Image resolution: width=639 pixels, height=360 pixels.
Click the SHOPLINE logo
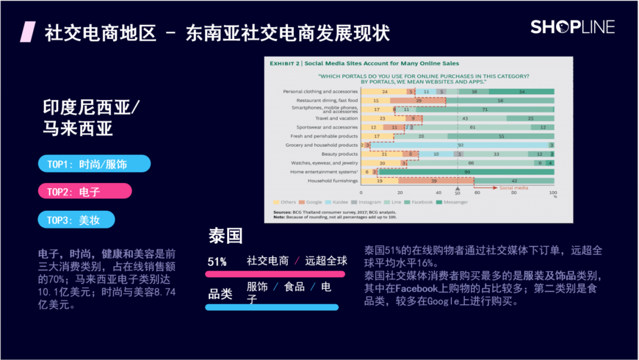point(572,27)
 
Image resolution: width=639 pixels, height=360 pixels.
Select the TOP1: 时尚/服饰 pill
point(94,164)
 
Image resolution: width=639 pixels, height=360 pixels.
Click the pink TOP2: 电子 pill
point(85,191)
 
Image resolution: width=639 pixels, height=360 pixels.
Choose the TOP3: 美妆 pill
point(76,220)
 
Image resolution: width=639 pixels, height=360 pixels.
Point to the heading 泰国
point(225,236)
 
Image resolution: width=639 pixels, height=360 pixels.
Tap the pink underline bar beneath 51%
point(275,274)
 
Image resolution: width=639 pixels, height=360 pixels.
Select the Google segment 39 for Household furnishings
point(435,181)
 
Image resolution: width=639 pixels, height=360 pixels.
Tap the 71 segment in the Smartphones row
point(484,110)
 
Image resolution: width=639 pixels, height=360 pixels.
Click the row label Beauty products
point(338,154)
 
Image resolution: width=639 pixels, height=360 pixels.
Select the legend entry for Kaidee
point(336,202)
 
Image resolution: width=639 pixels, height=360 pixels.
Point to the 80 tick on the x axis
point(515,193)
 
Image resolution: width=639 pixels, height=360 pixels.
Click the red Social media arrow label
point(513,188)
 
